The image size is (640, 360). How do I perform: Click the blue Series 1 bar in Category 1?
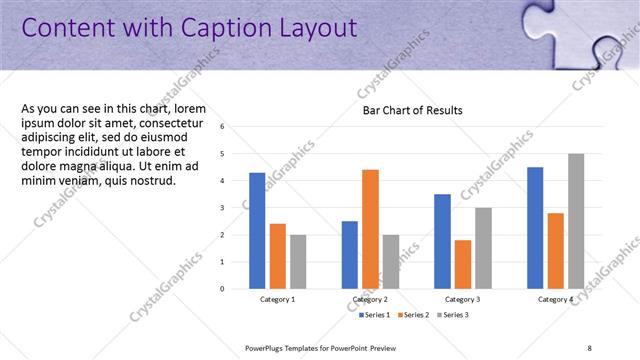pyautogui.click(x=257, y=230)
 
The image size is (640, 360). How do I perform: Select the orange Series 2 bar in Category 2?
pyautogui.click(x=370, y=229)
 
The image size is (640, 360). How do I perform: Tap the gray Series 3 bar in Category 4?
pyautogui.click(x=575, y=221)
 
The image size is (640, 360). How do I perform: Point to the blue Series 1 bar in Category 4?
pyautogui.click(x=535, y=227)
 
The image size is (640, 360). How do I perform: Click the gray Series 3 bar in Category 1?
pyautogui.click(x=298, y=261)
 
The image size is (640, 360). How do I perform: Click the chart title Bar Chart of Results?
pyautogui.click(x=412, y=111)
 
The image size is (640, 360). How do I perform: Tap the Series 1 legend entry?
pyautogui.click(x=375, y=315)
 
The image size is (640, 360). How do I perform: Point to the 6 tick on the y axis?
pyautogui.click(x=236, y=127)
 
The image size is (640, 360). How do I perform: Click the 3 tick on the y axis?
pyautogui.click(x=236, y=208)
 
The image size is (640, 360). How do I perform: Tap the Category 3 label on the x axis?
pyautogui.click(x=462, y=299)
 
